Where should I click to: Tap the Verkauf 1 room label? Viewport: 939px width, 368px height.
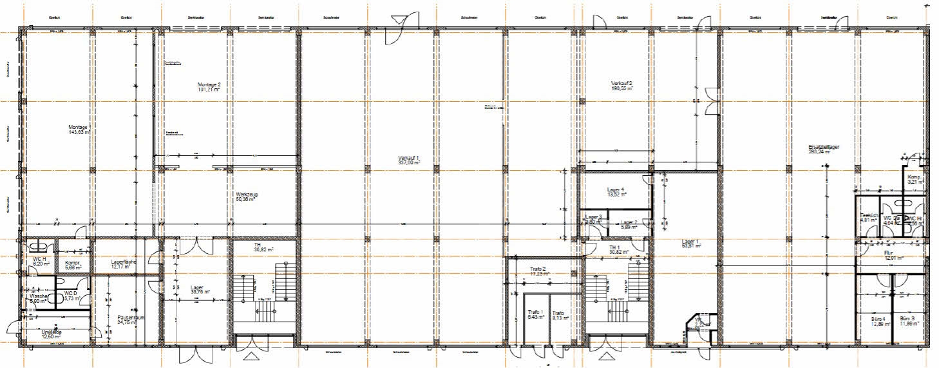click(x=409, y=158)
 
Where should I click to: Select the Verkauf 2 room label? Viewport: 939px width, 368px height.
click(x=621, y=84)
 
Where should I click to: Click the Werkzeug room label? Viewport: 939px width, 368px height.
click(x=246, y=194)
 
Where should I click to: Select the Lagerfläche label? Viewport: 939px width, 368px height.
click(x=123, y=262)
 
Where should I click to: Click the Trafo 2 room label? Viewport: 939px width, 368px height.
click(x=538, y=269)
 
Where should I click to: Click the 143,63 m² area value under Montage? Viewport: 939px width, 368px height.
click(x=79, y=133)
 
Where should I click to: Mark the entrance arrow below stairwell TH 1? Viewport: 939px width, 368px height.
click(x=606, y=356)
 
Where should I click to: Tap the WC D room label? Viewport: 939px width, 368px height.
click(x=71, y=294)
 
